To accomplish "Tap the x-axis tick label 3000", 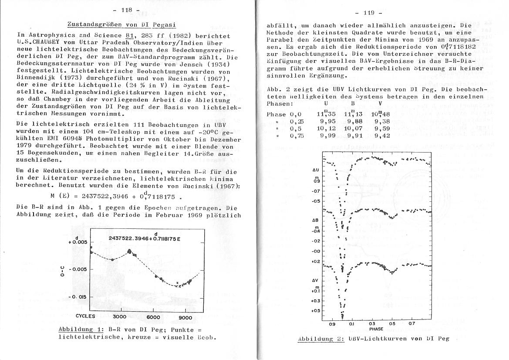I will click(119, 317).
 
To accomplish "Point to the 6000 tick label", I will click(154, 317).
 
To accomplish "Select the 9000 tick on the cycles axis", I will click(185, 317).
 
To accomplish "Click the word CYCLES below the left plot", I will click(85, 316).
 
